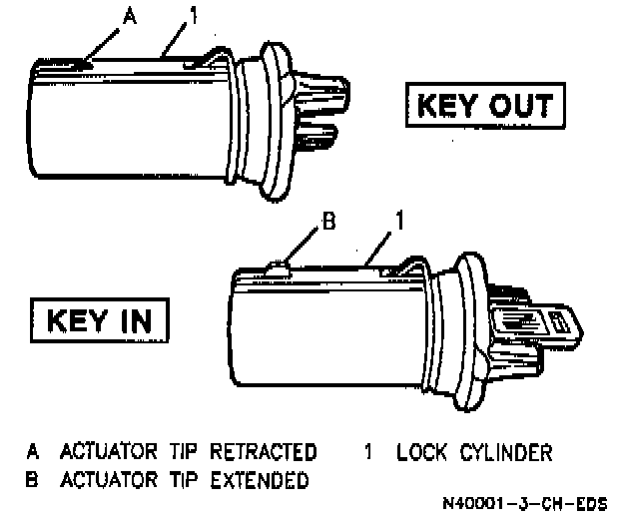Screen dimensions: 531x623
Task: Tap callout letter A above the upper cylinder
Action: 127,16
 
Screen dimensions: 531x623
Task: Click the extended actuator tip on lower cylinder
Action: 279,265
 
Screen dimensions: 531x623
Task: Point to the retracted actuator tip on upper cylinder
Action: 84,63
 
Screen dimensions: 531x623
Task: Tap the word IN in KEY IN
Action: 139,320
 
